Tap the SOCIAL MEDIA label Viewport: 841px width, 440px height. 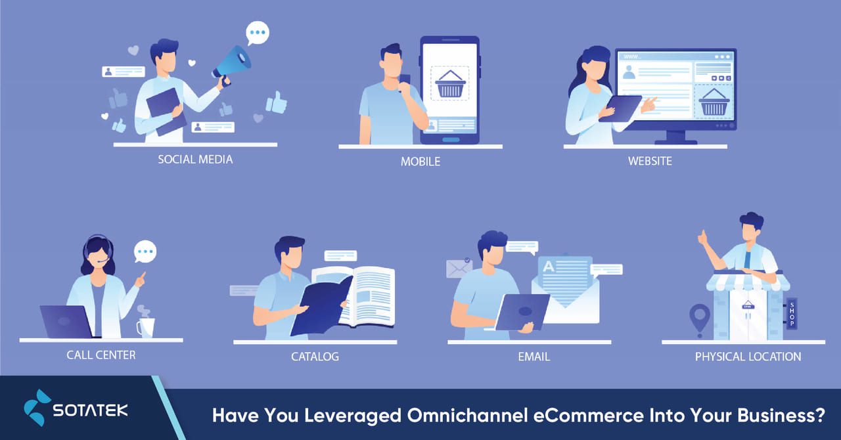tap(195, 160)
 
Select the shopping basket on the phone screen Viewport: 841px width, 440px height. tap(450, 84)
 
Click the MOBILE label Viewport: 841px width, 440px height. tap(420, 162)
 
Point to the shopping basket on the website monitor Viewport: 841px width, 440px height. tap(714, 102)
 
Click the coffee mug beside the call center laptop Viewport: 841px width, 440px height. tap(145, 326)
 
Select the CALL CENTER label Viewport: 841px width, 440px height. tap(101, 355)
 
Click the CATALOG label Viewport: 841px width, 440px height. tap(315, 357)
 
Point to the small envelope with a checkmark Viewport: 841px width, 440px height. tap(459, 268)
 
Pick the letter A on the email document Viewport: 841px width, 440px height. tap(547, 266)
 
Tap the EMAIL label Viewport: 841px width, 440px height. tap(534, 357)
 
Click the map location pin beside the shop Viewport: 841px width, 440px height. tap(698, 315)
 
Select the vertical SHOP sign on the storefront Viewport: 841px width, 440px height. tap(791, 313)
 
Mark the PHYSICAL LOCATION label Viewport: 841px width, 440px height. tap(748, 357)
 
